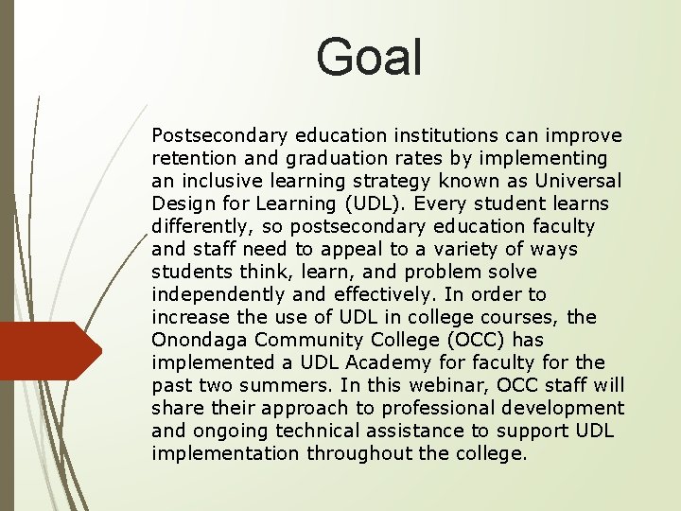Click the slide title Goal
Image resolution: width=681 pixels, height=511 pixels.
tap(369, 57)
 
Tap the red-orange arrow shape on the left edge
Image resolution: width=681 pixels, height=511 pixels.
tap(47, 351)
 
